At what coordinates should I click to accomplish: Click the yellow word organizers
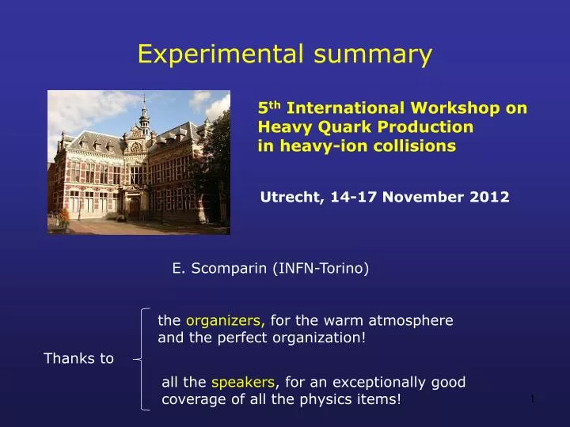(226, 321)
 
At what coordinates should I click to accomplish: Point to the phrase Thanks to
(78, 358)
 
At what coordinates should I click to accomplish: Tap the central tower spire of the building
(144, 111)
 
